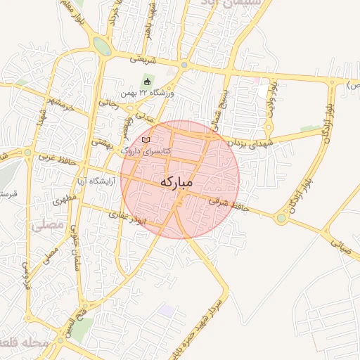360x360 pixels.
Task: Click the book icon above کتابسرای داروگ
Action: pos(146,141)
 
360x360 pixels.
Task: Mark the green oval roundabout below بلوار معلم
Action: pos(101,46)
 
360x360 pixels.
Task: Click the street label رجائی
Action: pos(109,103)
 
